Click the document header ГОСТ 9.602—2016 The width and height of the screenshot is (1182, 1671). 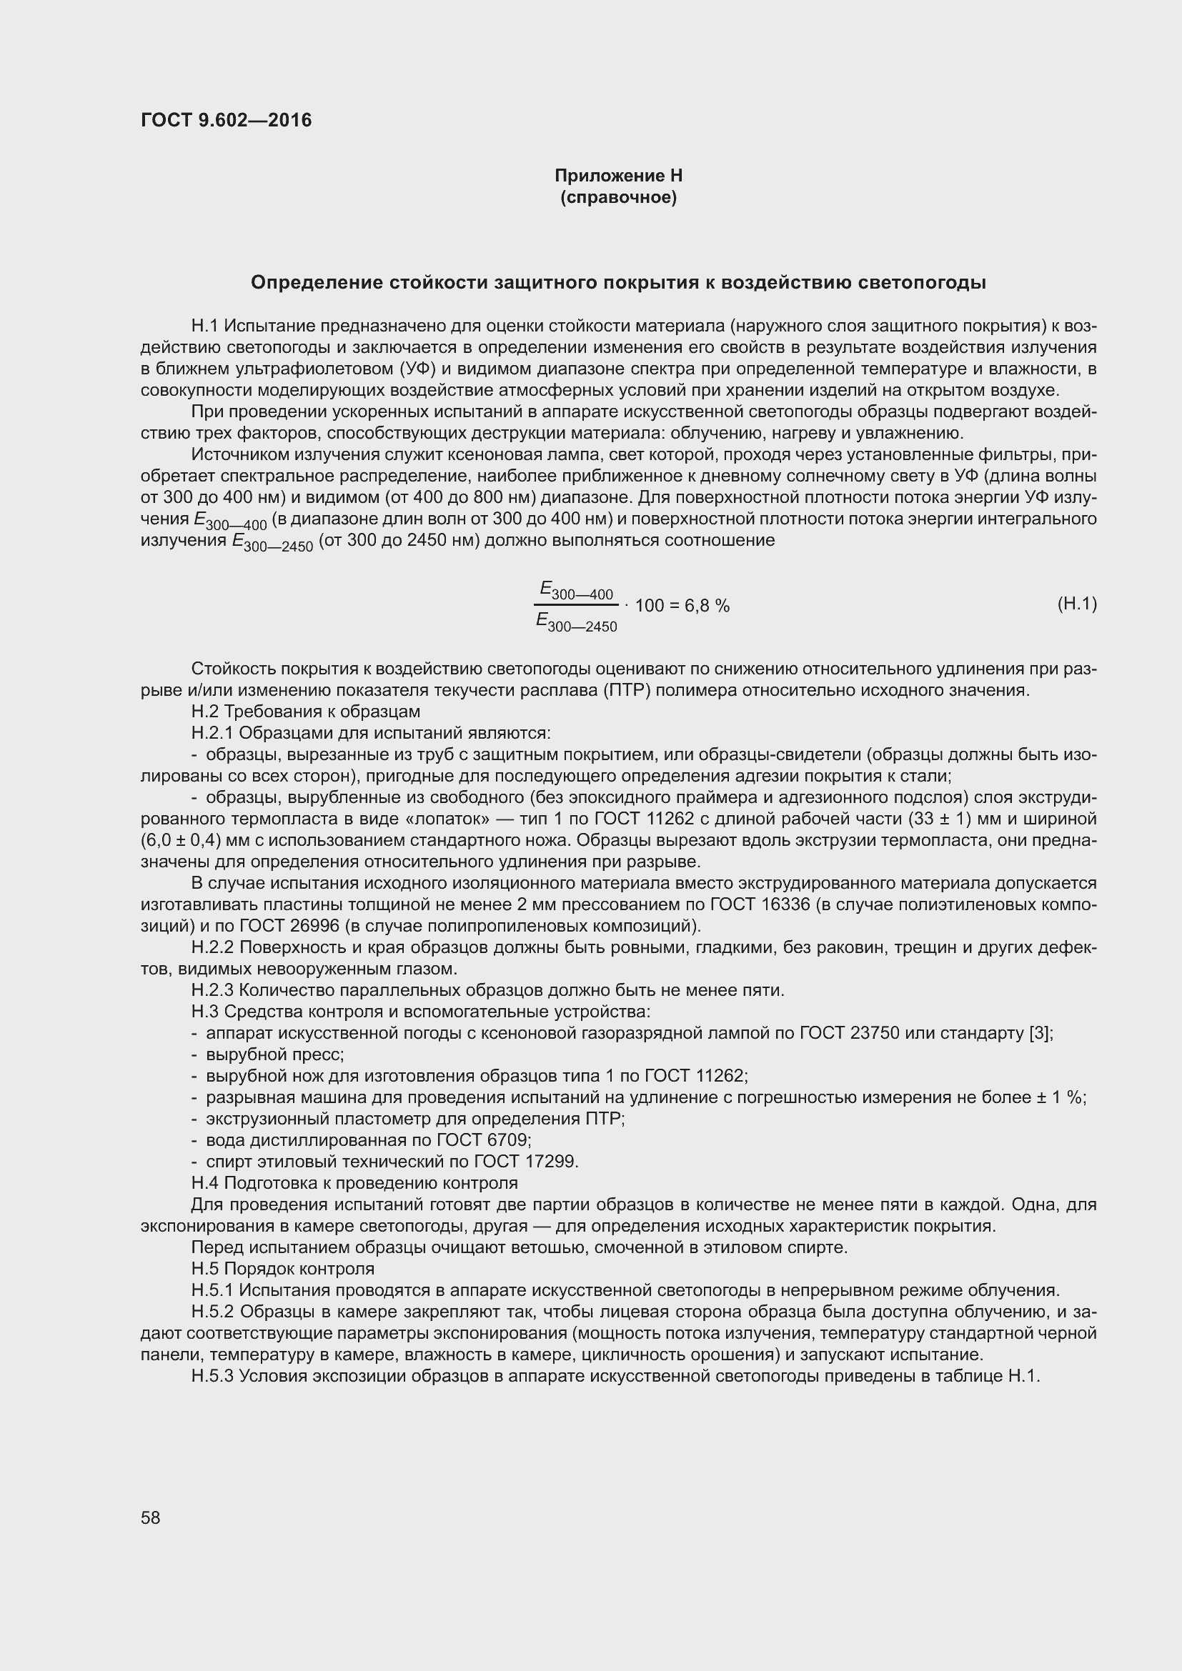pos(226,120)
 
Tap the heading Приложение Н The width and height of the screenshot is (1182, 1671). pos(618,176)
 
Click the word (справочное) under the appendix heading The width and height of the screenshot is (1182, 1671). pos(618,198)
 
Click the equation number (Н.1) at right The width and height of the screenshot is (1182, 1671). pos(1076,604)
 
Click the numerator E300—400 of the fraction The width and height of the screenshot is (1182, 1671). pos(576,590)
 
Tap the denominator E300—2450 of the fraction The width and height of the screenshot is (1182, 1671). pos(576,622)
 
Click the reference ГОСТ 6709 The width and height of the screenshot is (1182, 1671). pos(480,1139)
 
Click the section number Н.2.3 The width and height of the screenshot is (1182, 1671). pos(212,989)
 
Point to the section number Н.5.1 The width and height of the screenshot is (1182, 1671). pos(212,1290)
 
